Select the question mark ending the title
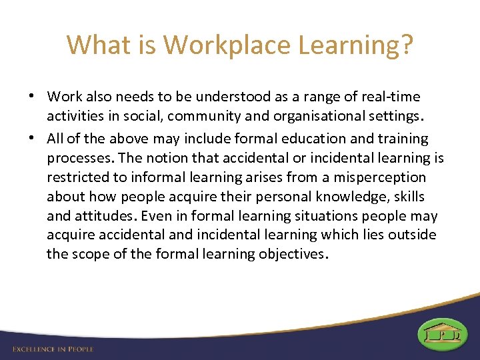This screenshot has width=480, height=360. point(406,45)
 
